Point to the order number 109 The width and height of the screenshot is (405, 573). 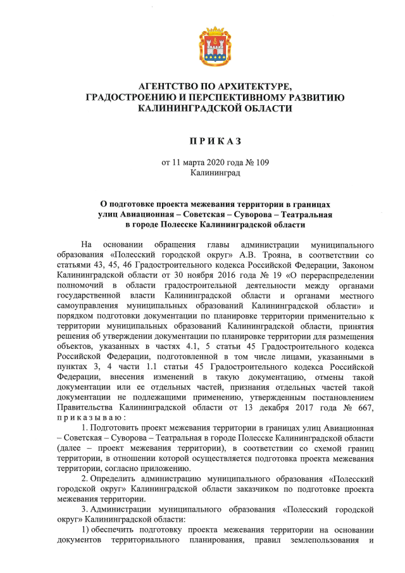click(x=261, y=162)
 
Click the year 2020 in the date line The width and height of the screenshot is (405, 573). click(x=212, y=162)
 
